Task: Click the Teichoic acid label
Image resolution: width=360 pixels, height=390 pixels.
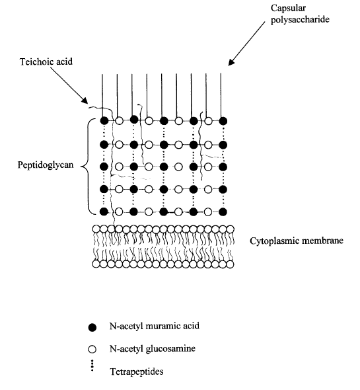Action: (x=46, y=61)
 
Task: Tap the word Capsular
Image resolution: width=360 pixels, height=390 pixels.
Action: (x=288, y=8)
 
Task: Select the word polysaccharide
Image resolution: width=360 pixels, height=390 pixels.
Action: (x=300, y=20)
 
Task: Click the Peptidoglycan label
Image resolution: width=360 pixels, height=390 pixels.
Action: (x=46, y=165)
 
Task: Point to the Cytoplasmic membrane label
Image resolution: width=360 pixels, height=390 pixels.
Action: (x=297, y=241)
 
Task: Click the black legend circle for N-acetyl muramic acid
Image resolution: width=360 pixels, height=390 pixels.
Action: (x=92, y=327)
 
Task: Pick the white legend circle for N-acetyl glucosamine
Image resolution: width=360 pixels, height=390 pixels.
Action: (x=92, y=349)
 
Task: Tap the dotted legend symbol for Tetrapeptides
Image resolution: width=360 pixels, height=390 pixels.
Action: (x=92, y=366)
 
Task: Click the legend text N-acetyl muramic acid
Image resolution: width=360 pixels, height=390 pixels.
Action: (x=155, y=326)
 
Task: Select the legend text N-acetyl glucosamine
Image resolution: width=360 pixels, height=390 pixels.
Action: (x=153, y=348)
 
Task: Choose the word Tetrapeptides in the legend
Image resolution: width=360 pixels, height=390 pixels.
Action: (x=137, y=371)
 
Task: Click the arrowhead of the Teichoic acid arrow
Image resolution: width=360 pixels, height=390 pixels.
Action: (x=85, y=100)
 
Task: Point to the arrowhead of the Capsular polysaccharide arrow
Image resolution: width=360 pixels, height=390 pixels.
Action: (x=231, y=62)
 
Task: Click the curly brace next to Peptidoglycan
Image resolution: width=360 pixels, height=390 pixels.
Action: (x=87, y=166)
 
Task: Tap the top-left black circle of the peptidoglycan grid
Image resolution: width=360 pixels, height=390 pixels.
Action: (x=104, y=121)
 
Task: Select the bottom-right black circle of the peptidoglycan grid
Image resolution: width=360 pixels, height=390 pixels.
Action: (x=223, y=212)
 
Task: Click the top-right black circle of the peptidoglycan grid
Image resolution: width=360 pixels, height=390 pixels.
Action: (x=223, y=121)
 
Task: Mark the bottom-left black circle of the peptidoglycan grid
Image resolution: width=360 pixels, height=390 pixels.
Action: (x=104, y=212)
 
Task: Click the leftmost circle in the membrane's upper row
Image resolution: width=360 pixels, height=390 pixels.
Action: (x=96, y=229)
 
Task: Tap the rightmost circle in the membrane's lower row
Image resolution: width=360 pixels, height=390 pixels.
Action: (x=231, y=264)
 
